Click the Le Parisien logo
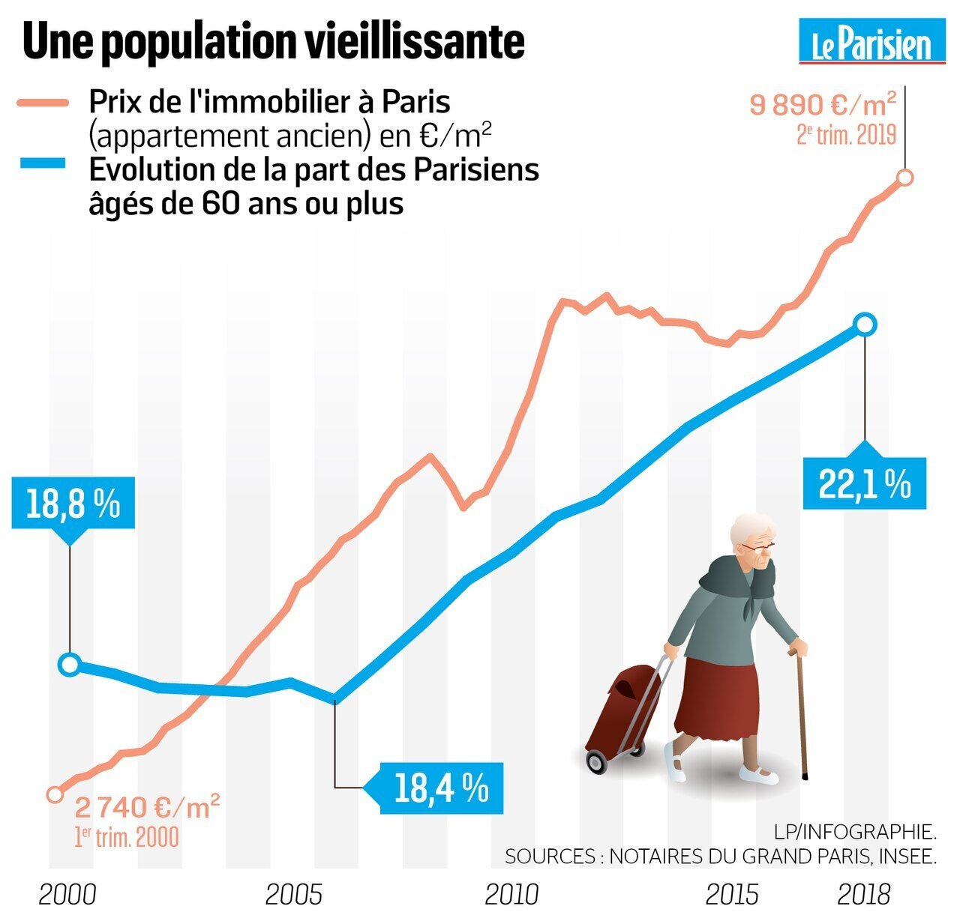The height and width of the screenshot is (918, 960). tap(871, 43)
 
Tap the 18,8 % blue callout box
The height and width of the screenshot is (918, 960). tap(73, 505)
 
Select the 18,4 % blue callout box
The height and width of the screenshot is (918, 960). tap(441, 788)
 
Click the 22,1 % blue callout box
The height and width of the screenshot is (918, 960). tap(864, 486)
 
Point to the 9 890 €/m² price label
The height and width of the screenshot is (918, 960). tap(823, 104)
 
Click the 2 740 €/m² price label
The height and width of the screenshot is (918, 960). tap(147, 808)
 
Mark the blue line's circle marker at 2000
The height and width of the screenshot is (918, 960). tap(70, 664)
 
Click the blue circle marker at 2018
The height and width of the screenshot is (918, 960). tap(865, 324)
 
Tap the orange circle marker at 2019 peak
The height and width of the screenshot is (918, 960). tap(905, 178)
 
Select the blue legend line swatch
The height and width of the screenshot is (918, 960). tap(43, 163)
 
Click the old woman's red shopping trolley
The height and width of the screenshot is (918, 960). tap(620, 712)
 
